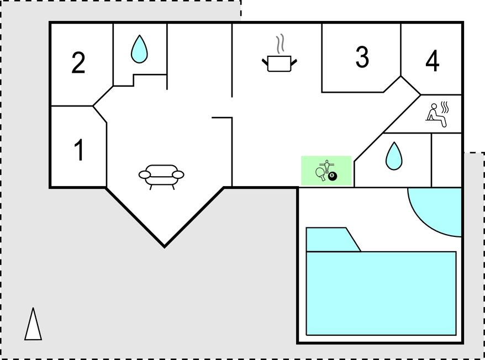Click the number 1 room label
[79, 150]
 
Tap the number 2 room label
[78, 63]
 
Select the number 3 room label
[362, 56]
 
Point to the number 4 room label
[433, 61]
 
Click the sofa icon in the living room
[161, 176]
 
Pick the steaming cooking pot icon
[279, 62]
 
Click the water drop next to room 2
[139, 49]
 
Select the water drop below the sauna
[393, 156]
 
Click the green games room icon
[326, 171]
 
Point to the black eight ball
[333, 177]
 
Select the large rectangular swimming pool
[381, 293]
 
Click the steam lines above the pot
[281, 43]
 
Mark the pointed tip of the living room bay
[164, 245]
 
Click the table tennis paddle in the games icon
[320, 174]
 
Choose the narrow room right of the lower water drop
[446, 160]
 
